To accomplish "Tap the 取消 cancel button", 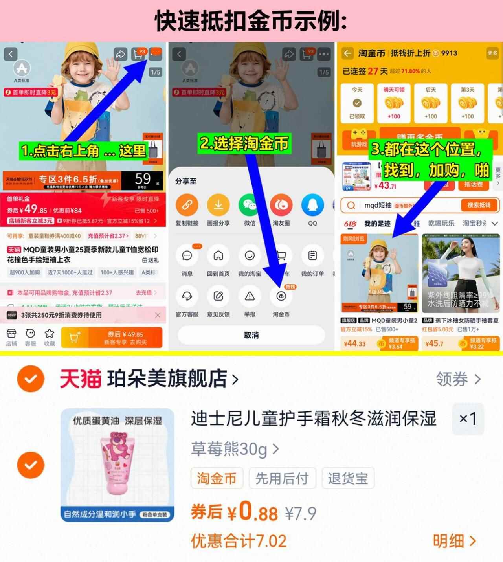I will [x=251, y=335].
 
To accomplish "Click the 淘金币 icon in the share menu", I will [x=281, y=296].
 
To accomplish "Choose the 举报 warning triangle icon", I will [x=250, y=296].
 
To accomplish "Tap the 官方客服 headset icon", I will [x=187, y=296].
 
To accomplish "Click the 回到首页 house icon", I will [x=218, y=256].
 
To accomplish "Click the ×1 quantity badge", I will [x=468, y=419].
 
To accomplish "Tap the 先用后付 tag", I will [x=282, y=478].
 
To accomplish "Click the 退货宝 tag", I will [x=348, y=478].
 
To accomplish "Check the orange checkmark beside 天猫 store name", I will [x=30, y=379].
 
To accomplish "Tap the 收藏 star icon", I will [x=49, y=334].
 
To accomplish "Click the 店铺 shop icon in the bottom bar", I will [x=11, y=334].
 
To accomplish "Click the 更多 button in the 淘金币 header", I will [x=492, y=53].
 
